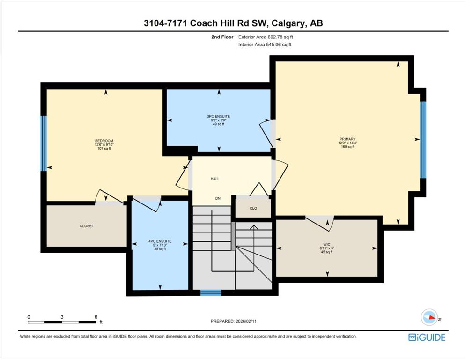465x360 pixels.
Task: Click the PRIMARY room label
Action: tap(347, 139)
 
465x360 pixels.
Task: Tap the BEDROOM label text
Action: tap(104, 141)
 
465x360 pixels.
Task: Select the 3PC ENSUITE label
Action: tap(219, 116)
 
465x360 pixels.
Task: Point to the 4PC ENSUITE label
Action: tap(160, 241)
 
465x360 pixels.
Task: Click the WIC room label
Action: tap(327, 244)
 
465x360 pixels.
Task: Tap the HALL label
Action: tap(215, 179)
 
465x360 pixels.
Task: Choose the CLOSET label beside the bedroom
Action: tap(87, 226)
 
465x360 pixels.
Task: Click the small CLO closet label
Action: tap(253, 208)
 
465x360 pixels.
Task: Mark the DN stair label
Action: tap(218, 198)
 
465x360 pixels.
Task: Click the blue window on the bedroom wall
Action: tap(44, 143)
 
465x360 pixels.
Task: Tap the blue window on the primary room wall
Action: tap(423, 140)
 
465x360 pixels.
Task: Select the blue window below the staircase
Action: tap(211, 293)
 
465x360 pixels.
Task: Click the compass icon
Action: tap(429, 317)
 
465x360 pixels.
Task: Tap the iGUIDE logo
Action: tap(427, 337)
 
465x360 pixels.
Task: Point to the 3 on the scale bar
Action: tap(62, 317)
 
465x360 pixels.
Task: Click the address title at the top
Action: tap(233, 23)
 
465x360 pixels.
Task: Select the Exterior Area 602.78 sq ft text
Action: tap(266, 37)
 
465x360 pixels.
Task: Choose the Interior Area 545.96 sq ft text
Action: tap(265, 45)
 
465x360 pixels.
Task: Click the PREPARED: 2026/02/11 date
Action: tap(233, 321)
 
